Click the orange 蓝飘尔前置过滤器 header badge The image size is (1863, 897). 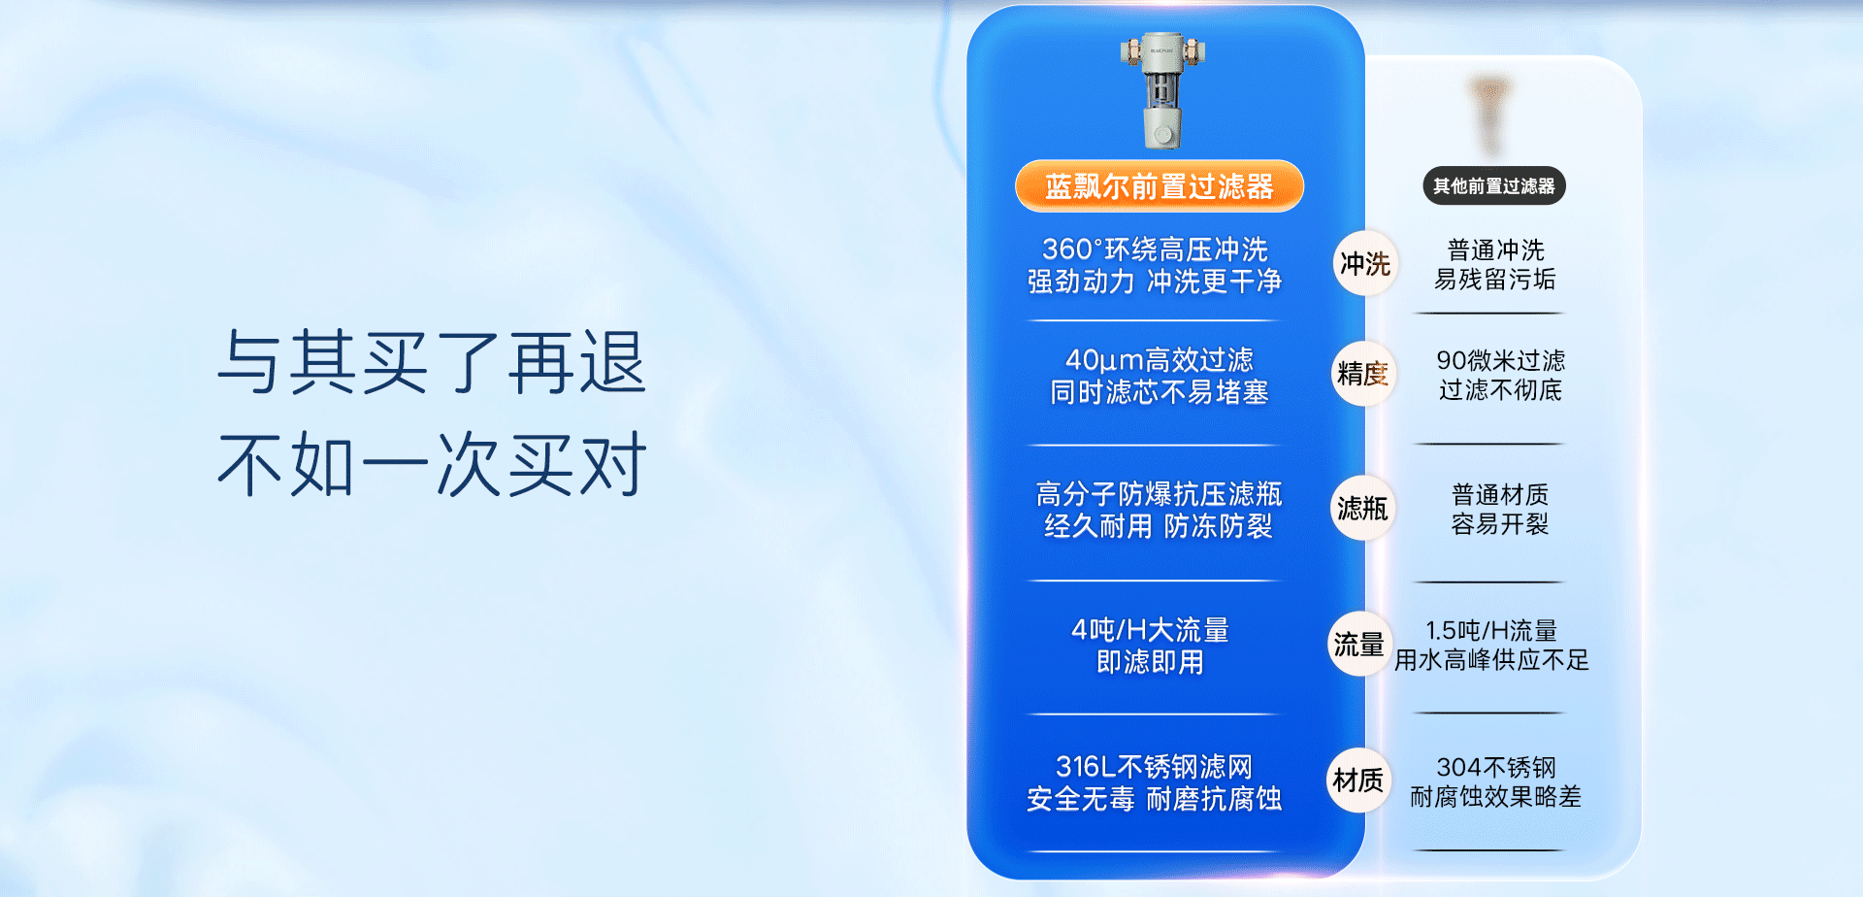1160,185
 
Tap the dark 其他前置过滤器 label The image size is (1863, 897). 1494,185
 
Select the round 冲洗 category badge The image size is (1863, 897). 1365,263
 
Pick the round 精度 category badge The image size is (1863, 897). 1363,374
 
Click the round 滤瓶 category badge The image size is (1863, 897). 1362,508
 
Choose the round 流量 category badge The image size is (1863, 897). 1359,644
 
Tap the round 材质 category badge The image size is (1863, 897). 1358,780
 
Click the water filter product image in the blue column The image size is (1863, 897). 1162,90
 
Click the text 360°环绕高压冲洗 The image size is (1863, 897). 1155,249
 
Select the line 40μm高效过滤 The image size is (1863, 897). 1160,360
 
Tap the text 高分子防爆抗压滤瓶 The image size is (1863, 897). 1160,494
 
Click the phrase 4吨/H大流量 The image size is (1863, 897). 1150,630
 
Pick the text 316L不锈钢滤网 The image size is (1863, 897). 1155,767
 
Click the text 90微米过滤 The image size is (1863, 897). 1500,361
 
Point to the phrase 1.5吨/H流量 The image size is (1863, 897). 1491,631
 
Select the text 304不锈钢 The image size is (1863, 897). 1496,768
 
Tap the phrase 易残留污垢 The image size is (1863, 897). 1495,280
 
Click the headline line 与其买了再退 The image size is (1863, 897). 432,362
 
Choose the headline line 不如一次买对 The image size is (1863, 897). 432,465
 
